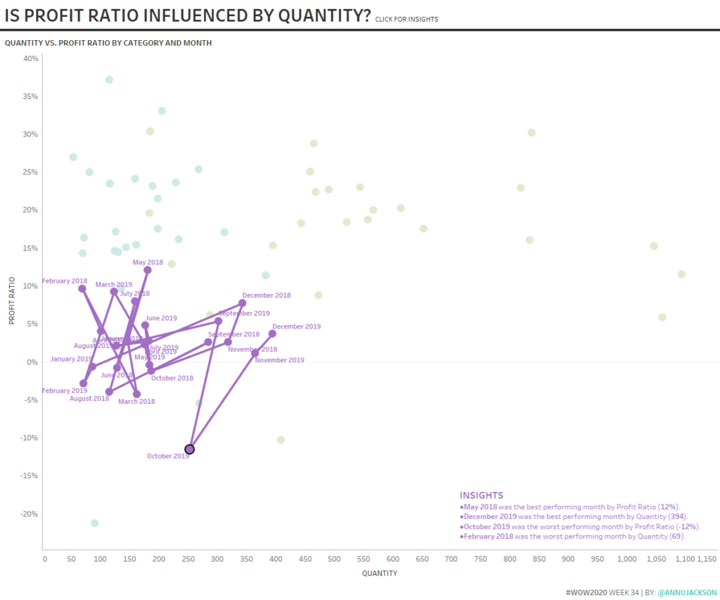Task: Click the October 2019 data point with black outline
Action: point(189,449)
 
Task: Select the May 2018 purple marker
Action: point(148,270)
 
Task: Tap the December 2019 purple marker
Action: point(272,333)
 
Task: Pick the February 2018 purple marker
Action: point(82,288)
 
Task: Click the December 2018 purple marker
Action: point(243,303)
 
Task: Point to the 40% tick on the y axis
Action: point(31,58)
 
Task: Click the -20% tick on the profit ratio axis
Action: point(30,513)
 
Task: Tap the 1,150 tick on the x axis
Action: point(707,559)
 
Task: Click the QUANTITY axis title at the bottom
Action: point(380,573)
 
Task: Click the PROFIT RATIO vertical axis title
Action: point(12,298)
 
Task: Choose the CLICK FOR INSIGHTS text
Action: point(406,19)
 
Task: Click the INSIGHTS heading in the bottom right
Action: point(482,495)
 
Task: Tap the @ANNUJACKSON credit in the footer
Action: point(687,593)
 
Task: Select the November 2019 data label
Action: point(279,360)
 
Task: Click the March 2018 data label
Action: point(136,402)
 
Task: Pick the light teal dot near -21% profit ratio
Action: point(95,523)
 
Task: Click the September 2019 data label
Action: point(243,313)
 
